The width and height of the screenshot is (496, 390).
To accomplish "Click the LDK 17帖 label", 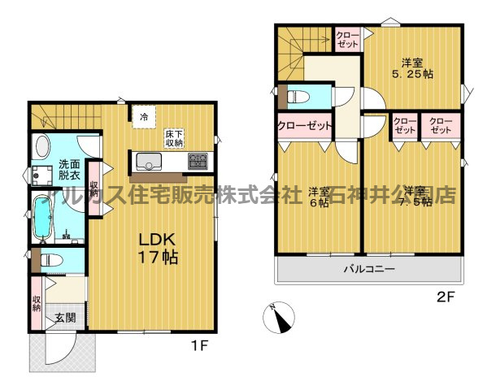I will coord(157,248).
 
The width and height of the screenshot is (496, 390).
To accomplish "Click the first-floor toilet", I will coord(50,262).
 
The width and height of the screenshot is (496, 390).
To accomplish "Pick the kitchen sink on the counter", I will coord(149,160).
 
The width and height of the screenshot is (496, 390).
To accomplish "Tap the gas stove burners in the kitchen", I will coord(198,160).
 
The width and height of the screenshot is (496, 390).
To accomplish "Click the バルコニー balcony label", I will coord(368,267).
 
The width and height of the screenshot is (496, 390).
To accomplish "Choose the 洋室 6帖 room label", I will coord(319,197).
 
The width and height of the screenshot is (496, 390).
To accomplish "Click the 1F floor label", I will coord(200,345).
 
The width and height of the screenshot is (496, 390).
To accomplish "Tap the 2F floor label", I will coord(445,297).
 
